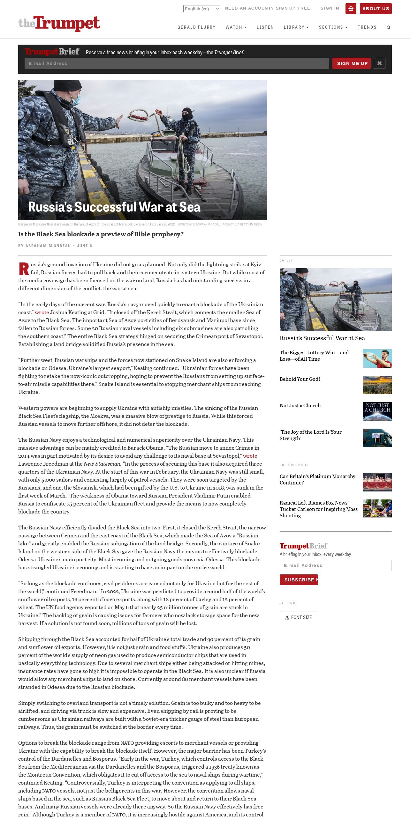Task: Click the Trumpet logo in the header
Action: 59,23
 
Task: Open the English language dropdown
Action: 201,9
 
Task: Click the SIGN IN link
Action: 330,8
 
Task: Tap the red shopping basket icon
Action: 351,9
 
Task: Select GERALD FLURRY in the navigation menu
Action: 196,27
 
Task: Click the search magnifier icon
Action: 388,27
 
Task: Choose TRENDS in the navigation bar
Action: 367,27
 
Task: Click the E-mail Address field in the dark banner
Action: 177,63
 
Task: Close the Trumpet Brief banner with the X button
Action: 379,63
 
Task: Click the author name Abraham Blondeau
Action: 48,246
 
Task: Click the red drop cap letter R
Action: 24,269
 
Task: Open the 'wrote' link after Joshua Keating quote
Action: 42,312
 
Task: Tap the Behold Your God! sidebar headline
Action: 300,379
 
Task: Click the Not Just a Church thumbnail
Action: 377,411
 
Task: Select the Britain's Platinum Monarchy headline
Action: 317,479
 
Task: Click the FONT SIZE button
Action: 298,617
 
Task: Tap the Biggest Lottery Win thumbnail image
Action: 377,358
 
